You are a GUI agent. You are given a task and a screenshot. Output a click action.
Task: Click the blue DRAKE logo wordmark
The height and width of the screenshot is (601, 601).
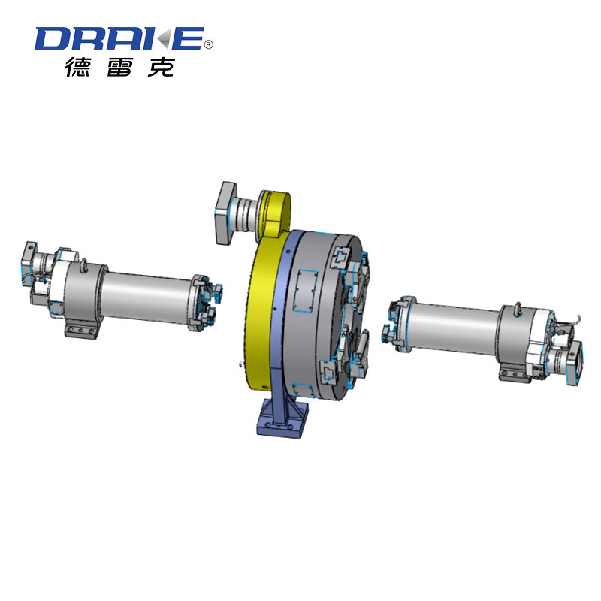click(119, 38)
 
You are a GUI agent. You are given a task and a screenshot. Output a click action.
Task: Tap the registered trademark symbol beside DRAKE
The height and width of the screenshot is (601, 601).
click(209, 45)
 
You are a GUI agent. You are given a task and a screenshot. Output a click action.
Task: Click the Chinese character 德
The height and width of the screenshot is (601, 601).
click(80, 67)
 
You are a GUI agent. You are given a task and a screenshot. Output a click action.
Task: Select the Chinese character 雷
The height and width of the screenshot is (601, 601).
click(120, 67)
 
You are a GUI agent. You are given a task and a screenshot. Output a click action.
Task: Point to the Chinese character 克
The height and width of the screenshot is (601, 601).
click(161, 67)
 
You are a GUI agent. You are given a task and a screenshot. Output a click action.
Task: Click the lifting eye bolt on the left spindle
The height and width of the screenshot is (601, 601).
click(86, 264)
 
